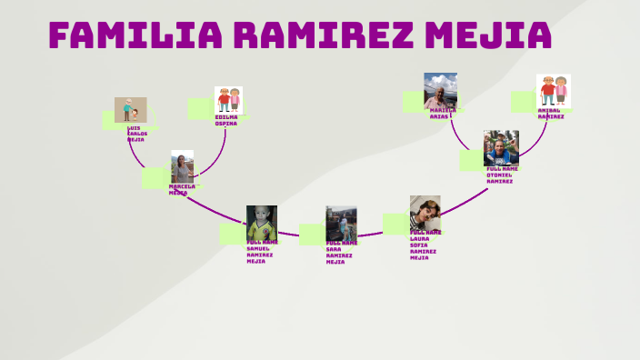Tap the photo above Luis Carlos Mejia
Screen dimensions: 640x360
(x=130, y=110)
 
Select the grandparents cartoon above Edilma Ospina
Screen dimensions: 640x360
(x=228, y=100)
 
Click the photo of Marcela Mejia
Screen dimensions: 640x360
(x=182, y=167)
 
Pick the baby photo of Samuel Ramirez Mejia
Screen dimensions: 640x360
(x=261, y=224)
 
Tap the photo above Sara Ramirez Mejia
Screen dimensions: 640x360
(x=341, y=224)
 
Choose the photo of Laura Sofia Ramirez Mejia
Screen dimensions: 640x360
(x=425, y=213)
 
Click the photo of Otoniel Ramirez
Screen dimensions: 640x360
(x=500, y=147)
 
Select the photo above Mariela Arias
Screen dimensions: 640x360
(x=440, y=90)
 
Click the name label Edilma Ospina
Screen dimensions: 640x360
(x=226, y=121)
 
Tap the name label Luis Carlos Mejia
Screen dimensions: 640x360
(x=135, y=135)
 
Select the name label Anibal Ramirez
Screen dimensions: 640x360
(x=551, y=114)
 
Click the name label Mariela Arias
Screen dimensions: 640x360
(x=443, y=114)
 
